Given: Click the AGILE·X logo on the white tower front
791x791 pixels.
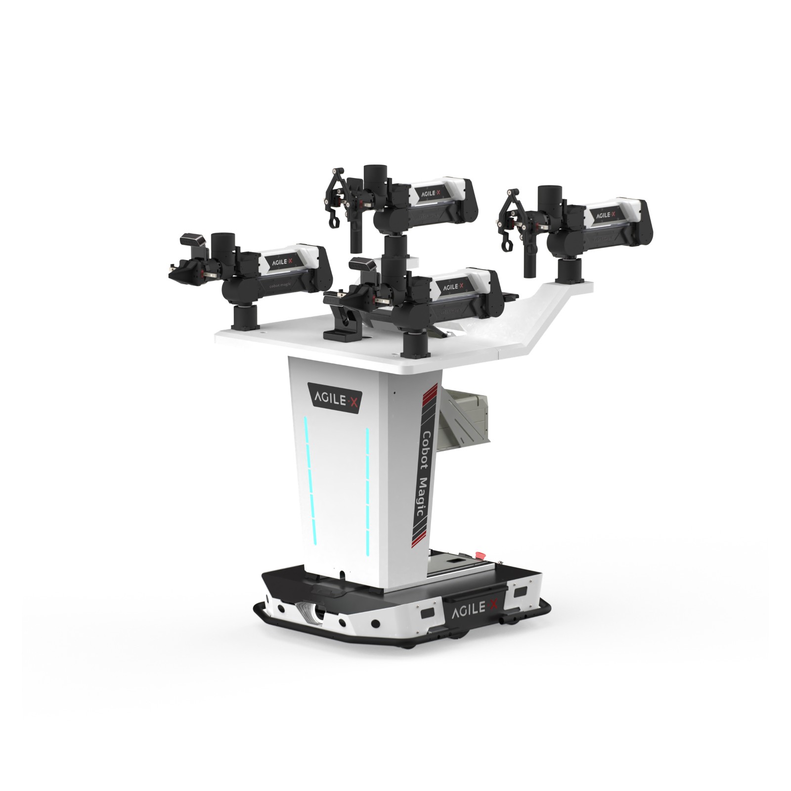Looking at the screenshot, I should (x=335, y=396).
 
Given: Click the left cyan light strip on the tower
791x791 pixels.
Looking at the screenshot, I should (x=308, y=480).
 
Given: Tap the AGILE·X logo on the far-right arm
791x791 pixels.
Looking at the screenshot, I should (x=605, y=215).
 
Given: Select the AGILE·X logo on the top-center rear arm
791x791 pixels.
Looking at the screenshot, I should (x=427, y=192).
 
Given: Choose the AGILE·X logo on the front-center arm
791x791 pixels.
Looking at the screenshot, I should (x=453, y=286).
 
